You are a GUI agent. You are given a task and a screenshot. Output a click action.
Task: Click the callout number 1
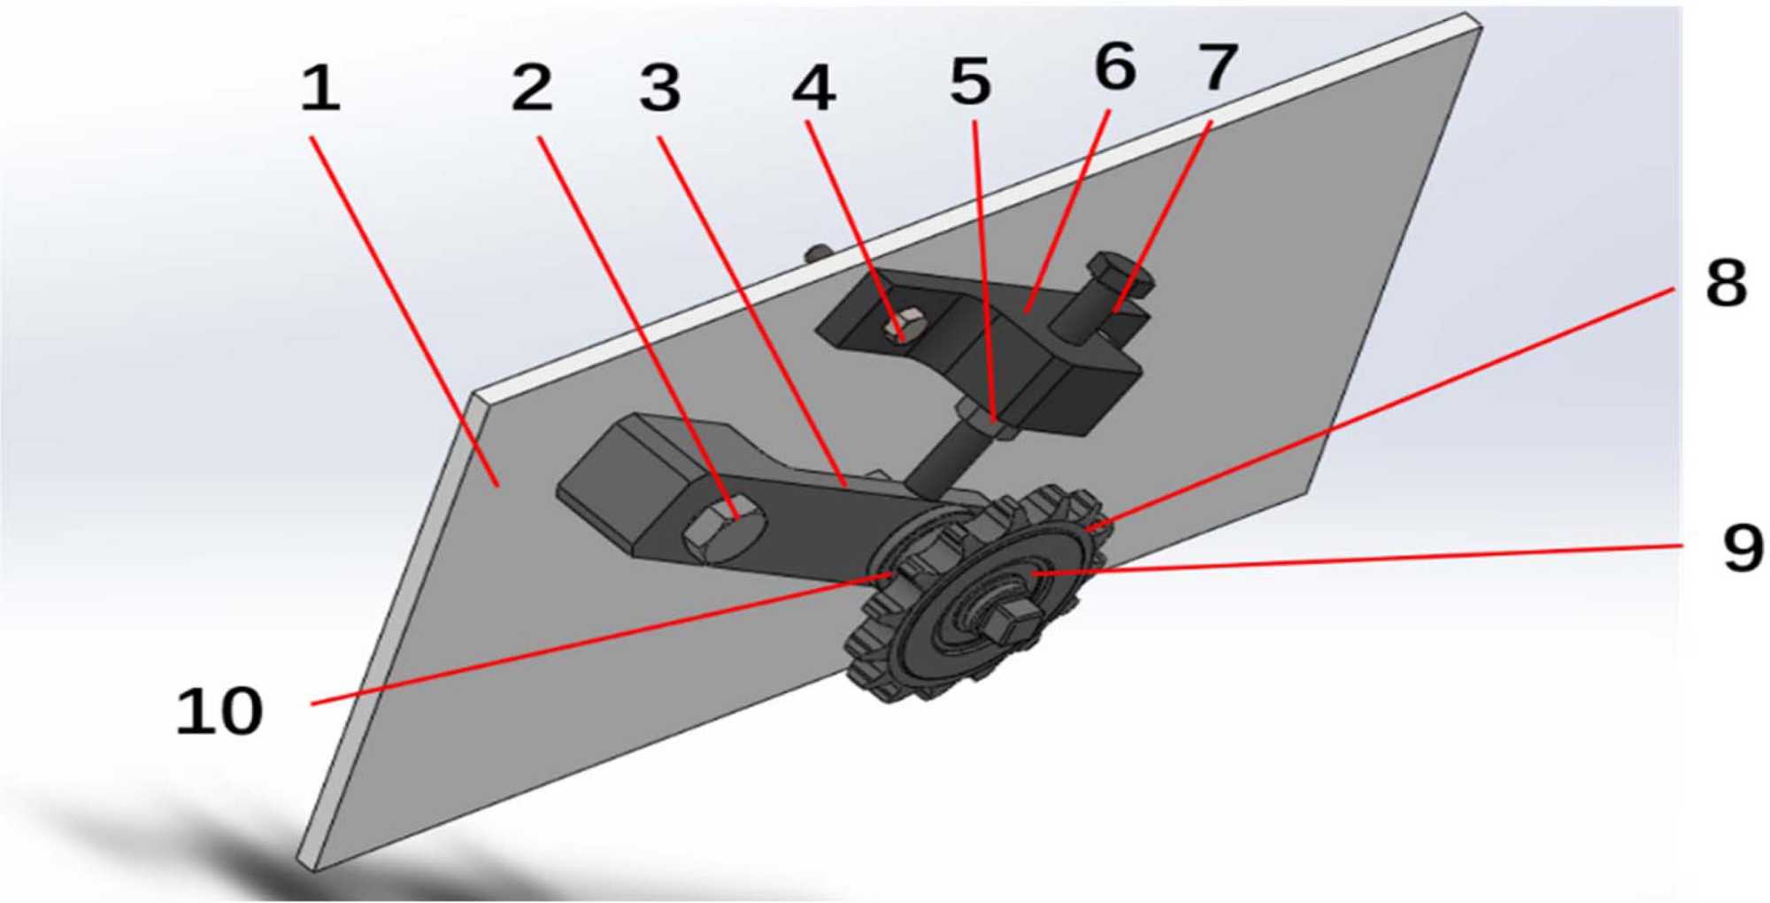(320, 89)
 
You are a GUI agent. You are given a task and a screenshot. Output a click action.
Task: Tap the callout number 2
(533, 89)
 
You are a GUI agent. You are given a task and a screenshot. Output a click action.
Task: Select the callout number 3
(660, 89)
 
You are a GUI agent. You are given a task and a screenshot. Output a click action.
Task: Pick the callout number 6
(1115, 66)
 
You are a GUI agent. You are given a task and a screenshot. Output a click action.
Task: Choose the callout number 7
(1218, 67)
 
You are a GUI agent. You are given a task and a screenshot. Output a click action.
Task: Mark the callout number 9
(1743, 548)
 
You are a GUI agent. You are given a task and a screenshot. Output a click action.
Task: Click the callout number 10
(219, 711)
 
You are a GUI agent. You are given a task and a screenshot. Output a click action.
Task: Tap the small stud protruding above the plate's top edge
(816, 254)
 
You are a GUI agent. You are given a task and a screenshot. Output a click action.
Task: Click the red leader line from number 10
(601, 639)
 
